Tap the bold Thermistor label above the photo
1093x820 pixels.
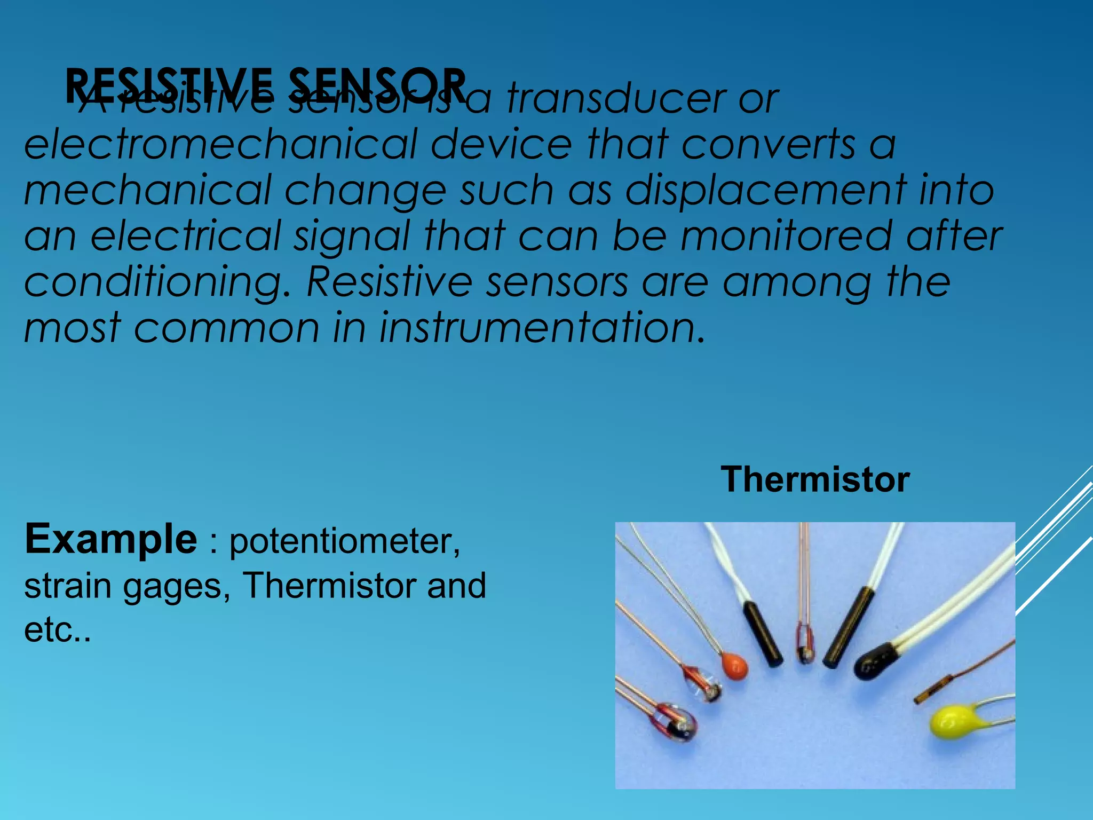tap(815, 479)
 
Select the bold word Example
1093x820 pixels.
tap(110, 539)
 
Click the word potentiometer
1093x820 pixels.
tap(345, 541)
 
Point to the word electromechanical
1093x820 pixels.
tap(220, 145)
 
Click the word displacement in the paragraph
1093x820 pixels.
tap(765, 190)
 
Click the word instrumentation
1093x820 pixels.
tap(542, 327)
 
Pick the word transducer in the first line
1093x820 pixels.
tap(616, 99)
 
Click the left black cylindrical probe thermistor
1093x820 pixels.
tap(763, 634)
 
